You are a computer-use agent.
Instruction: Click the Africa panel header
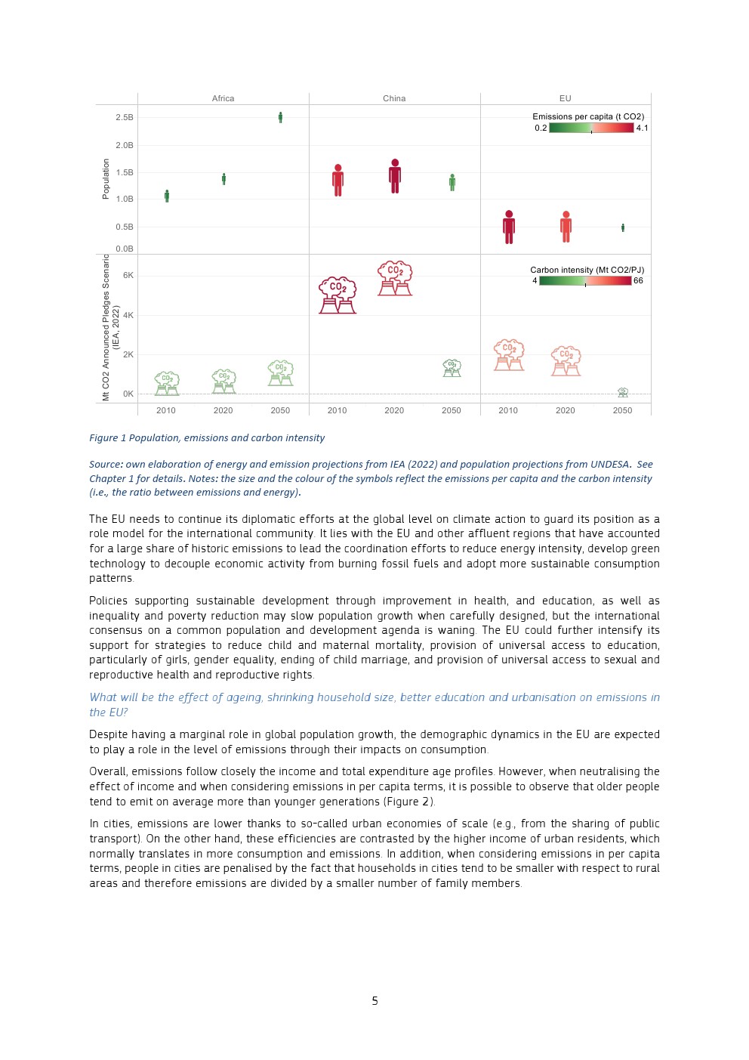point(223,98)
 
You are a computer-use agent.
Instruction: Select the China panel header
point(394,98)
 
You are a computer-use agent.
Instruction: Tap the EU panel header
point(565,98)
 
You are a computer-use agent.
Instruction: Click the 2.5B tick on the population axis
point(125,117)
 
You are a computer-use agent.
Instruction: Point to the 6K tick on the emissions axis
point(128,275)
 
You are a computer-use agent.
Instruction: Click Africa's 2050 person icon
point(280,117)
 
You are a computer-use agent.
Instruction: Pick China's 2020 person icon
point(395,176)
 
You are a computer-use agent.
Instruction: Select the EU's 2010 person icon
point(509,227)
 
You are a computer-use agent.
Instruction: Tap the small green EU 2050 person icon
point(623,227)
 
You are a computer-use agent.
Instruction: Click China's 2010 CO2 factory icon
point(338,295)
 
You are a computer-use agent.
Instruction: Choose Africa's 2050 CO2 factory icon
point(280,373)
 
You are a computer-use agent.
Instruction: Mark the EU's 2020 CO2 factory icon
point(566,361)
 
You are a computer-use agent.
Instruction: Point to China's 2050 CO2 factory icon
point(452,368)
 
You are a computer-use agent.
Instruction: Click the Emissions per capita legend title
point(588,116)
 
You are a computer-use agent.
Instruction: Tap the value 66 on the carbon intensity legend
point(638,280)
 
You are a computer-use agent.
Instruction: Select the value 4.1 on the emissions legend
point(642,128)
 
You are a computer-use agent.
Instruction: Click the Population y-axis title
point(106,179)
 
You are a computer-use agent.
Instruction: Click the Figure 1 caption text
point(207,437)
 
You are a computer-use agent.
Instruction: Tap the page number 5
point(374,1000)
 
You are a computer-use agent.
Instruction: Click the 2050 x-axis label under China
point(452,410)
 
